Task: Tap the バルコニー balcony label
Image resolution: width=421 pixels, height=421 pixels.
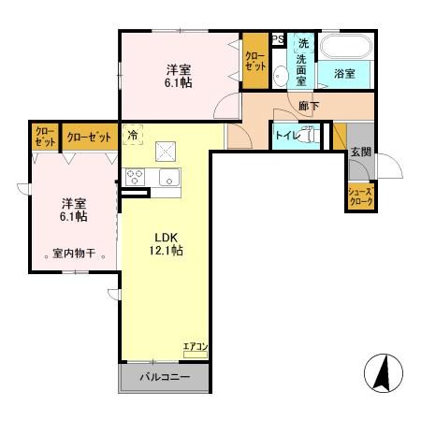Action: (x=165, y=377)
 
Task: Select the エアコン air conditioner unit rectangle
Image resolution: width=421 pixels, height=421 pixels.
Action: (x=196, y=355)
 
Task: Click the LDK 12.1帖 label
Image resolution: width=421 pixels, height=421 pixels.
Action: (x=167, y=244)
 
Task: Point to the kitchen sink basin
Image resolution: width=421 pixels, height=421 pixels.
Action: (x=169, y=177)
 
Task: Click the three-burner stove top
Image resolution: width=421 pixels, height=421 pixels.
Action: (x=135, y=177)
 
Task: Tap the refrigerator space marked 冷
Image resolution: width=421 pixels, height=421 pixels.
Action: (x=133, y=135)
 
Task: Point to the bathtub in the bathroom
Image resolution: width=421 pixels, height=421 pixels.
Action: (x=346, y=47)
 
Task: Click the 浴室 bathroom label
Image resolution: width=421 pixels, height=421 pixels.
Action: (x=344, y=74)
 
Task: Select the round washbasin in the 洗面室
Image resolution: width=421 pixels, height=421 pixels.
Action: (x=281, y=76)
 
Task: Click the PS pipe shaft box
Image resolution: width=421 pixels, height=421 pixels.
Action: (x=278, y=39)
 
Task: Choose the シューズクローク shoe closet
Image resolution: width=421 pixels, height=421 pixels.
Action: (x=361, y=196)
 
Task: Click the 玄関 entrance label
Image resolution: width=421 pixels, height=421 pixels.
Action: (x=361, y=152)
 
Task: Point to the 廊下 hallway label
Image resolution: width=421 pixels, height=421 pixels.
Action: (x=309, y=107)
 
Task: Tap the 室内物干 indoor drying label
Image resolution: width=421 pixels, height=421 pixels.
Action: (x=74, y=254)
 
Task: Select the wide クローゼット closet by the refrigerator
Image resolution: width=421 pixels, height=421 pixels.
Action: (x=90, y=137)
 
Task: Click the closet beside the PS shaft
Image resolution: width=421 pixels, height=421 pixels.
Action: (x=255, y=61)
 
